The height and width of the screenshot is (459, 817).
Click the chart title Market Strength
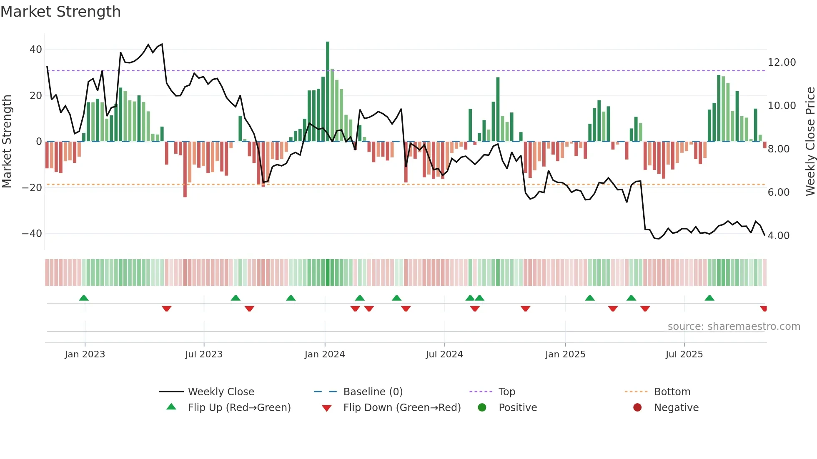60,12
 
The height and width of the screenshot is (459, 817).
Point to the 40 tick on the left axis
35,50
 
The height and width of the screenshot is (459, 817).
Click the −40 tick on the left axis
32,234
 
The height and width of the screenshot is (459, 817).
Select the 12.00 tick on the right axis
782,62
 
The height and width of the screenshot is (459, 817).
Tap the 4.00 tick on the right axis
778,236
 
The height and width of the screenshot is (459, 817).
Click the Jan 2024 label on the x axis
324,354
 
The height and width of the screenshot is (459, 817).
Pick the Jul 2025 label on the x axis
684,354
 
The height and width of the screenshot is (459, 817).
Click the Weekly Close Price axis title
809,142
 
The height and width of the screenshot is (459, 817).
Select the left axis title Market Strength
7,142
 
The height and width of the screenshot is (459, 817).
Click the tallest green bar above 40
328,92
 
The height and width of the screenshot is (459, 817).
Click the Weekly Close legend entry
221,392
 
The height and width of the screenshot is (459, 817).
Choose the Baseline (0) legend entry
373,392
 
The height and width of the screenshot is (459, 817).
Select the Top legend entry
506,392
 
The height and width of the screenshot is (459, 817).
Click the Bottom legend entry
672,392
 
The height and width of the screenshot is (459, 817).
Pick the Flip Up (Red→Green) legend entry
239,408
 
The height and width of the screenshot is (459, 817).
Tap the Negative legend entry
676,408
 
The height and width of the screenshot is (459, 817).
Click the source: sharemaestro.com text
734,327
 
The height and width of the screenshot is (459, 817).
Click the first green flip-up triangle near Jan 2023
84,298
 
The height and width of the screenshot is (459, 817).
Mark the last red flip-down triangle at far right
764,309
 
